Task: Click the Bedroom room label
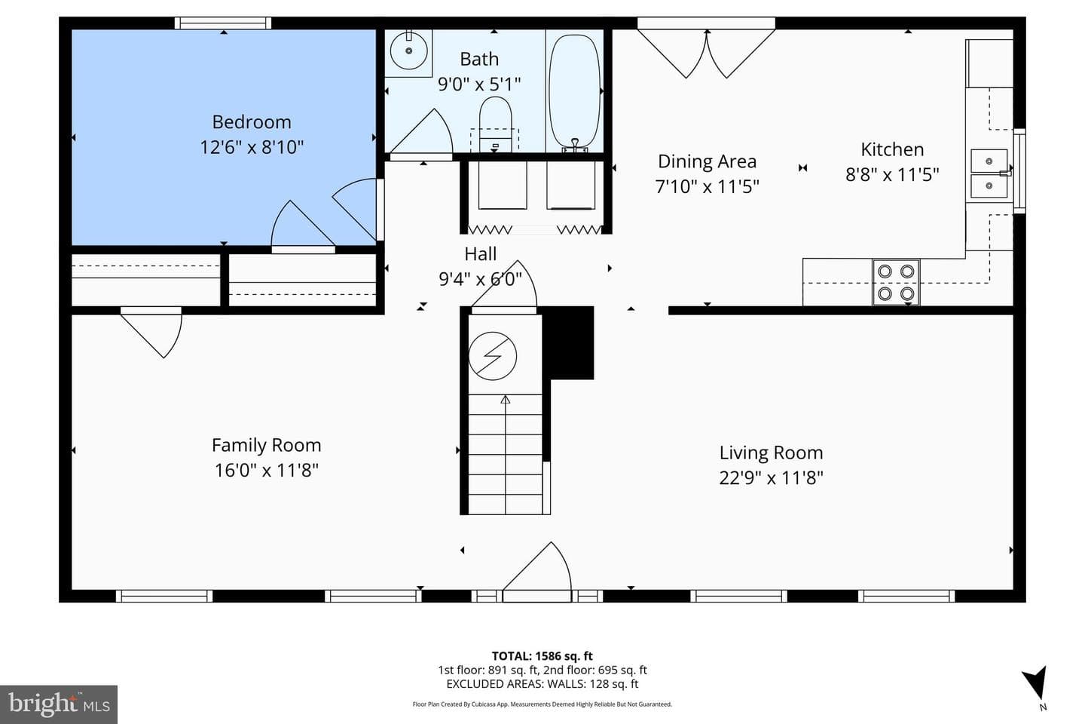coord(252,121)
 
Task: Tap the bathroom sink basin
coord(409,50)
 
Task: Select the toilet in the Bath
coord(495,124)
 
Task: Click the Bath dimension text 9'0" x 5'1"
coord(479,84)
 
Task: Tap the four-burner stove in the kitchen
coord(896,282)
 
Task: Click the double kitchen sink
coord(989,173)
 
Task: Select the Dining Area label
coord(708,161)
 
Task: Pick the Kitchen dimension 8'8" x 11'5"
coord(892,174)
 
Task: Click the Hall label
coord(481,253)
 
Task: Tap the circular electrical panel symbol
coord(493,356)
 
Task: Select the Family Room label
coord(267,445)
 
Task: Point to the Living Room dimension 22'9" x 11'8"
coord(771,478)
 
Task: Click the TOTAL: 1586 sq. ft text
coord(542,656)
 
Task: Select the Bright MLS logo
coord(59,704)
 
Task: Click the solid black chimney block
coord(567,343)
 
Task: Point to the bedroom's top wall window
coord(223,23)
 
